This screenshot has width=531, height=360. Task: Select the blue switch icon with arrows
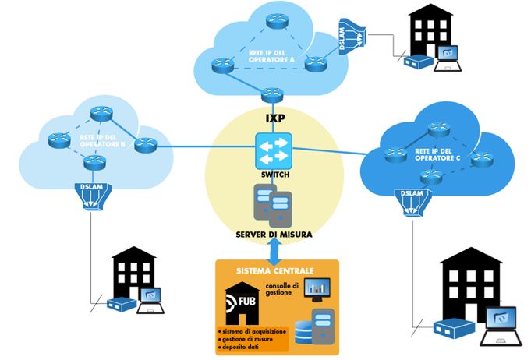point(273,150)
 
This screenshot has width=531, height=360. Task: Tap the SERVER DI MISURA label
point(273,235)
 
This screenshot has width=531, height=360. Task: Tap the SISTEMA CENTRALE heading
point(275,270)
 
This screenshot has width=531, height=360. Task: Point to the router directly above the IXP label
point(271,94)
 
